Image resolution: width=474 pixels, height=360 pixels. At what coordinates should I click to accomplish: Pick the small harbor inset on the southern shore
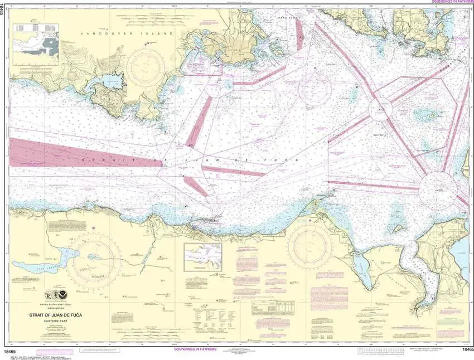[x=203, y=257]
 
